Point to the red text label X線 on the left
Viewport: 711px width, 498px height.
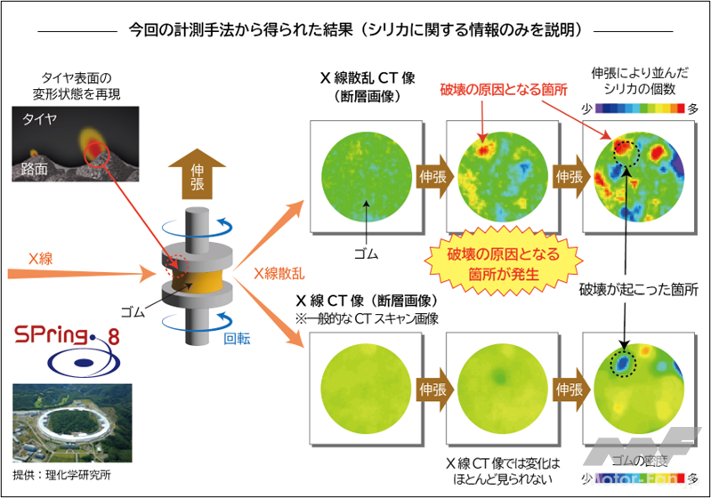42,259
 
